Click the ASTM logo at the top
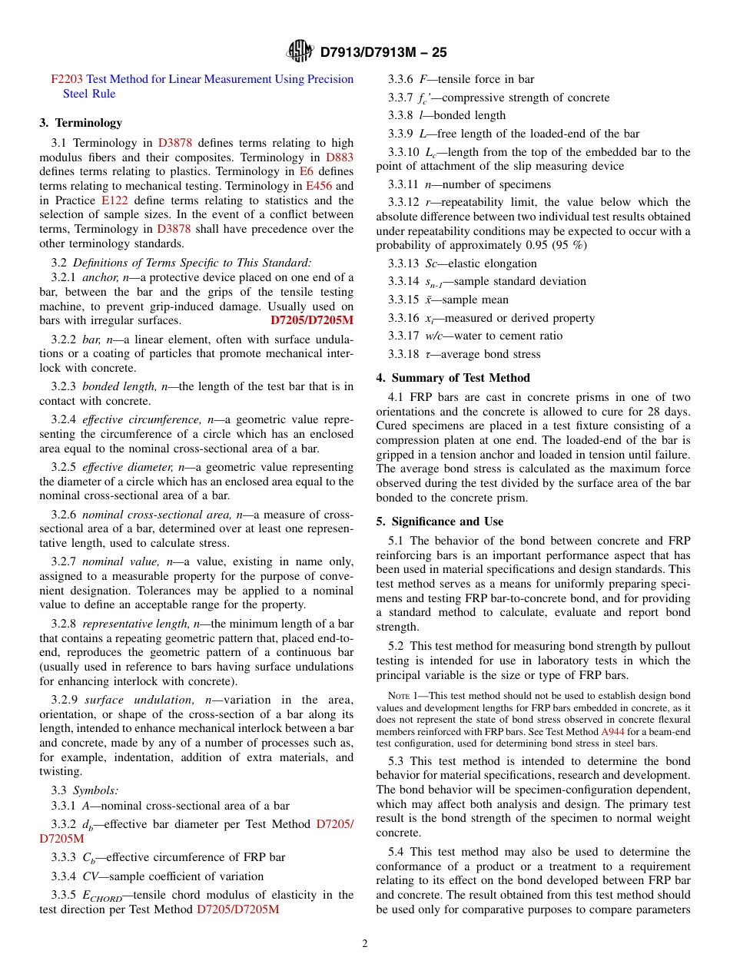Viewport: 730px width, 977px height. coord(300,51)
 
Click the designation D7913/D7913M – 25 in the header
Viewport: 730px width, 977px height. coord(383,52)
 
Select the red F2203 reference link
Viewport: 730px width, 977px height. coord(67,79)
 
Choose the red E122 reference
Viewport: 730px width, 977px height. coord(115,200)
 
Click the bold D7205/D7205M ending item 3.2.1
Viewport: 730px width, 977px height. coord(312,320)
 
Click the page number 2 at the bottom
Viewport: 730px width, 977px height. coord(365,944)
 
